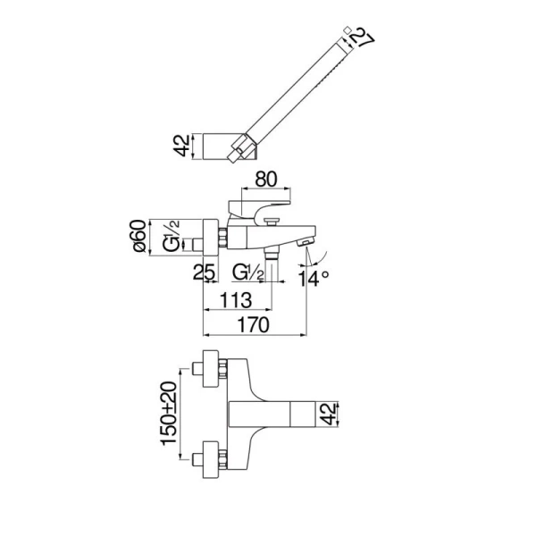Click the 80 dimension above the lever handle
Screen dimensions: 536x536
tap(266, 180)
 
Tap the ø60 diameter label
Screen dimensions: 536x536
tap(140, 236)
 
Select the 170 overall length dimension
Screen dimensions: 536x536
tap(254, 325)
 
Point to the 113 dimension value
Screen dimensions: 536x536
tap(236, 300)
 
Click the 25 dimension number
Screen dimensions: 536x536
tap(204, 272)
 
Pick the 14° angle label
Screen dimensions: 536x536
tap(314, 278)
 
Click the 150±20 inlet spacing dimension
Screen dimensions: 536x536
tap(169, 413)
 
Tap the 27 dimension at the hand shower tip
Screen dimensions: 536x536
tap(363, 38)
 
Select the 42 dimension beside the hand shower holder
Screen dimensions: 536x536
tap(182, 146)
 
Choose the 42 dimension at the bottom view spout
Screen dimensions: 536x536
tap(329, 414)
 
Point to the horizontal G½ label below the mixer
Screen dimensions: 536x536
tap(248, 272)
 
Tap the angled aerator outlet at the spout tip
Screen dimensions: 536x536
tap(306, 243)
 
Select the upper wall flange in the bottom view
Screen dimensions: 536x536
tap(211, 368)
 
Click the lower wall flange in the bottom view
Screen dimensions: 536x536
tap(211, 459)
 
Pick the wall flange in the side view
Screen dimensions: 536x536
tap(211, 237)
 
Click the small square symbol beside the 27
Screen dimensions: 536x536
tap(348, 29)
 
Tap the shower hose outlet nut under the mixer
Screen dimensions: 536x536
tap(272, 254)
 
